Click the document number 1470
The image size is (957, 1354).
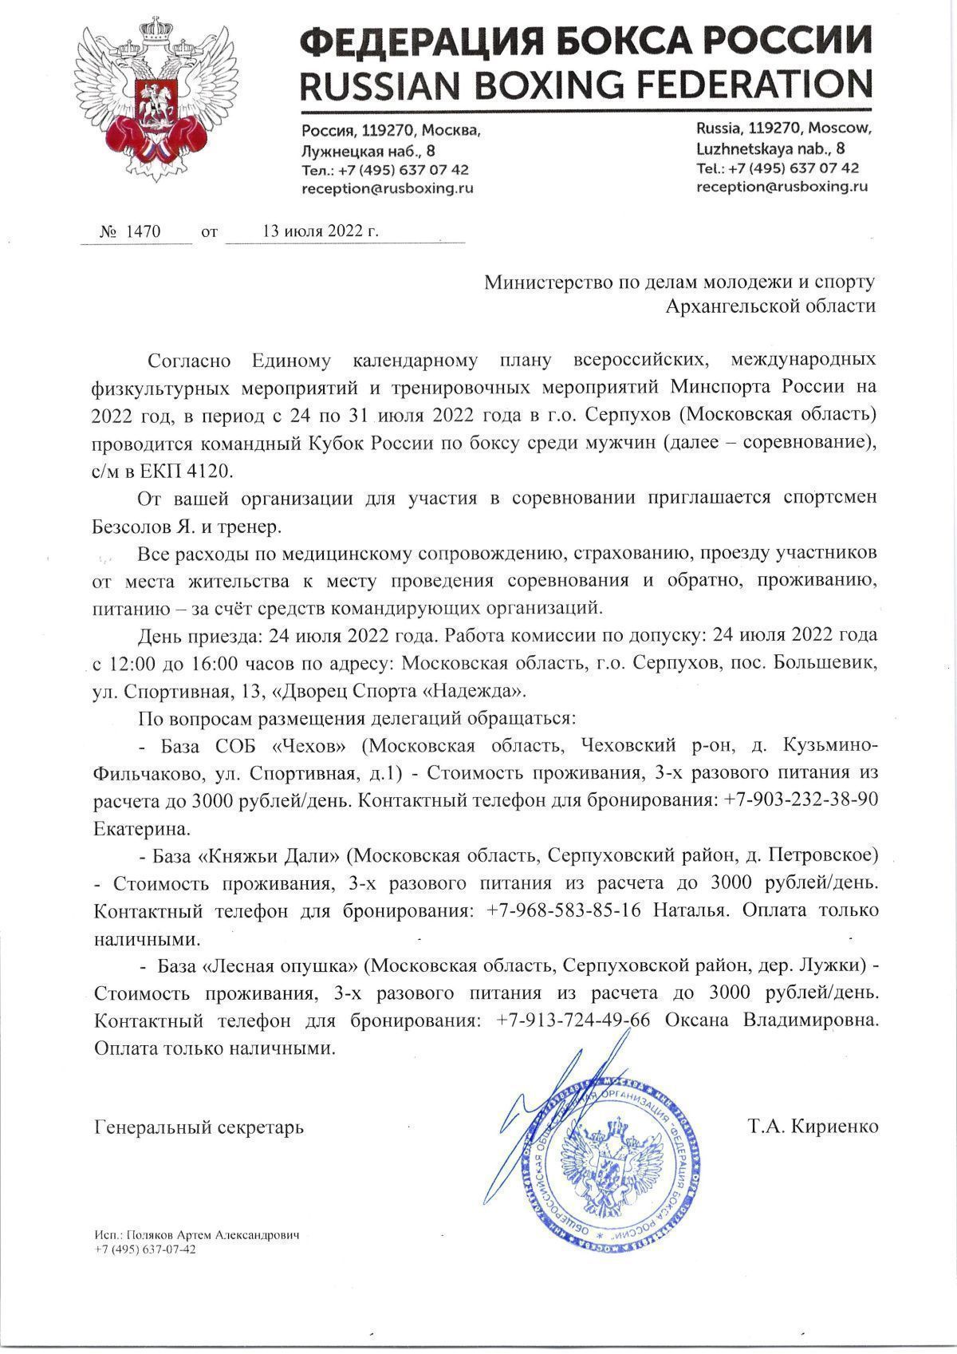(x=144, y=232)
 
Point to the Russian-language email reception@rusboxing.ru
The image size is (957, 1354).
(x=388, y=189)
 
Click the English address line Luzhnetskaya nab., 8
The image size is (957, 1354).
(x=771, y=148)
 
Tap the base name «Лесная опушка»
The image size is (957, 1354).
(x=280, y=965)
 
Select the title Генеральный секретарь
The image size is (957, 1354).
(x=199, y=1127)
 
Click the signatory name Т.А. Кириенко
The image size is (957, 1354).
(x=813, y=1127)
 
